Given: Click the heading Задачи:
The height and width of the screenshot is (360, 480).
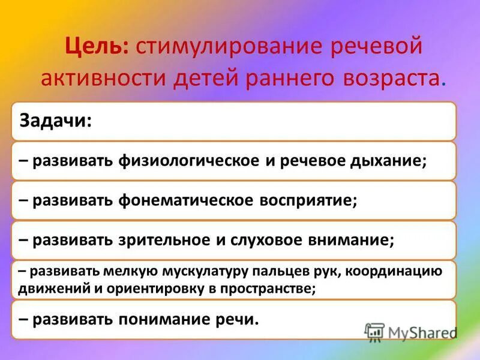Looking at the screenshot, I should coord(56,121).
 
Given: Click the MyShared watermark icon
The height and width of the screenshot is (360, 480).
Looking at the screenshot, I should coord(374,332).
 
